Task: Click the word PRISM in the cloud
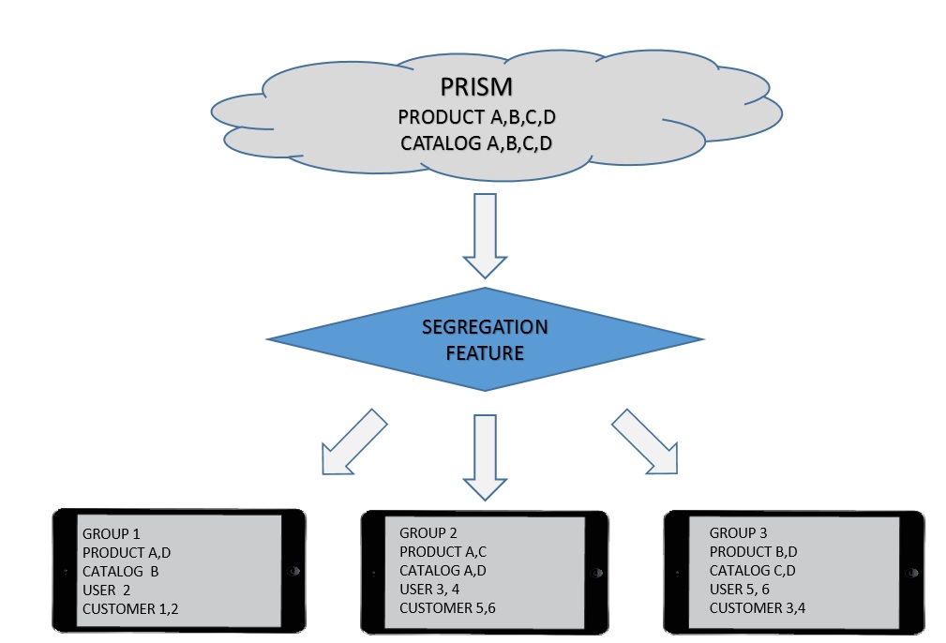(476, 88)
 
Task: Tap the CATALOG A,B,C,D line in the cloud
(475, 144)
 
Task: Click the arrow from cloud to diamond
(486, 235)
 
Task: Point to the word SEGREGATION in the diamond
(484, 327)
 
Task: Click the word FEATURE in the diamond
(484, 353)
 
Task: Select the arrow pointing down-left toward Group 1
(352, 441)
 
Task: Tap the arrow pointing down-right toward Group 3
(645, 441)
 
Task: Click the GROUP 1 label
(112, 534)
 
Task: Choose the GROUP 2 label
(429, 533)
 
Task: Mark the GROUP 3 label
(739, 533)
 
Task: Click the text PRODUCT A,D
(127, 553)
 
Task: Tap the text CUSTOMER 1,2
(130, 609)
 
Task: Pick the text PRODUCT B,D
(754, 552)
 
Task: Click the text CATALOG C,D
(753, 571)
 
